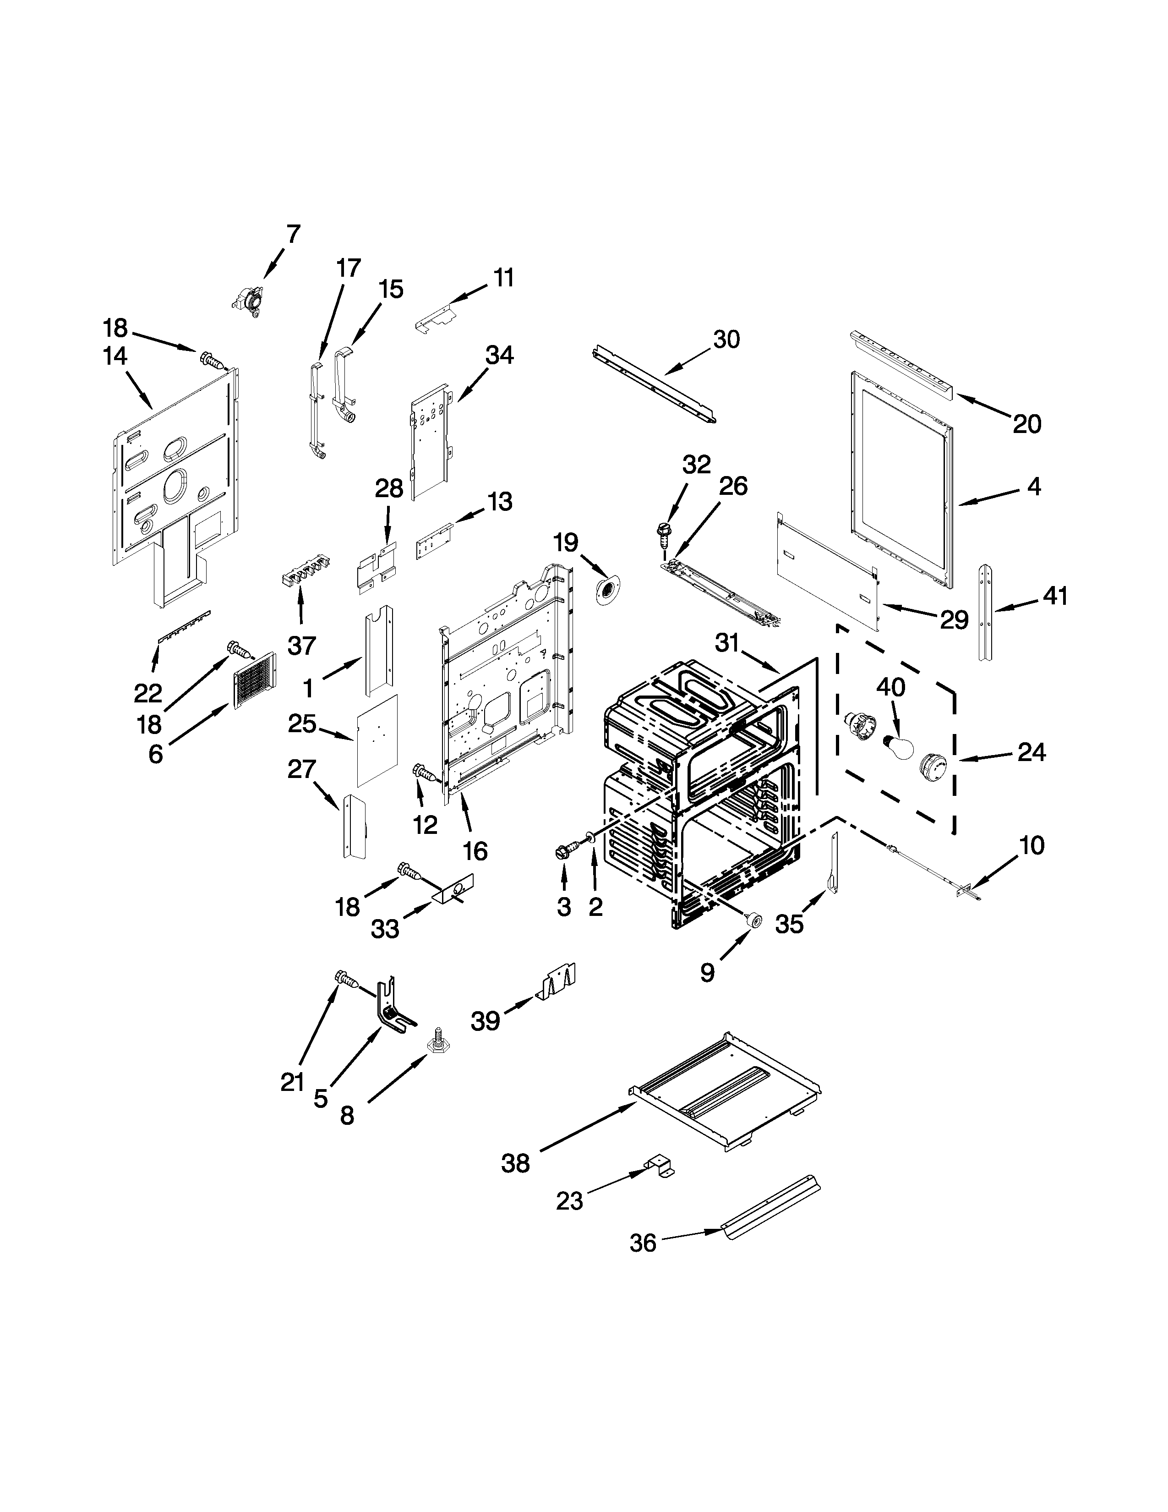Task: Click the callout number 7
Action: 294,234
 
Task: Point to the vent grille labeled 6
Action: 254,680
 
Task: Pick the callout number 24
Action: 1031,752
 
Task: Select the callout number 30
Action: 726,339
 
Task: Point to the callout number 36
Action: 642,1244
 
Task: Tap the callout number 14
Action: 115,356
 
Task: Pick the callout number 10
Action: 1032,845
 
